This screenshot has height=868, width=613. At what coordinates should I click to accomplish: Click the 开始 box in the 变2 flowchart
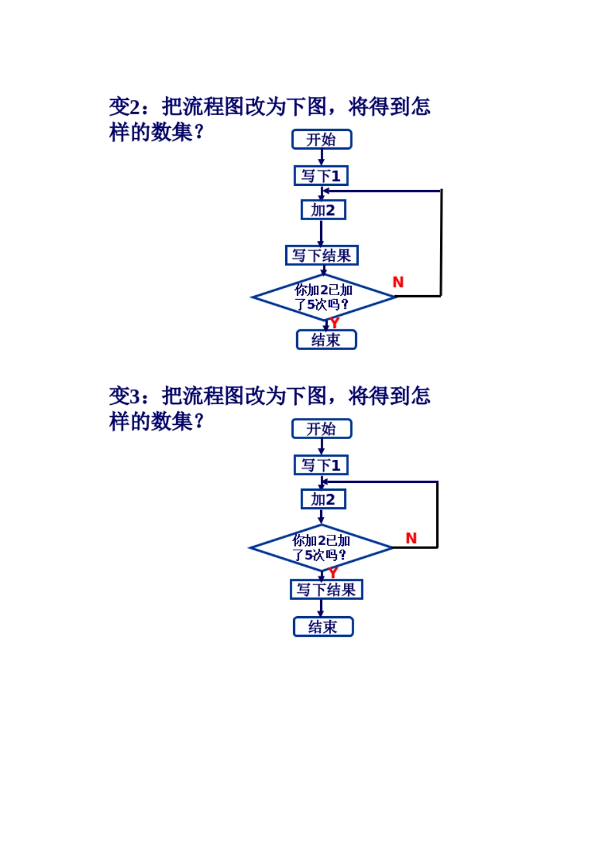coord(321,139)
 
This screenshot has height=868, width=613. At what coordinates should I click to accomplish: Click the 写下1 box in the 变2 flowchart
coord(321,176)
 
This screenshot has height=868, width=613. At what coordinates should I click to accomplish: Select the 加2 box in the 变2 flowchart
coord(323,210)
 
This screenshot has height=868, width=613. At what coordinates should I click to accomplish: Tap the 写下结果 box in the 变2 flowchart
coord(321,255)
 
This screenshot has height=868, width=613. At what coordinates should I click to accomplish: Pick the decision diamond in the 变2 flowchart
coord(323,297)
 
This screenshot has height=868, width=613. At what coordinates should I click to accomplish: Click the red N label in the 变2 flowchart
coord(398,282)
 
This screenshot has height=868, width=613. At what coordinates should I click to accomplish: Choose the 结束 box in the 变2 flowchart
coord(326,340)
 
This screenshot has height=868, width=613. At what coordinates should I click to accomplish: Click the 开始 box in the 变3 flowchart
coord(321,429)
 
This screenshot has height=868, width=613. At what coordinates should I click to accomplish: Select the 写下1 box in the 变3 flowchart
coord(321,465)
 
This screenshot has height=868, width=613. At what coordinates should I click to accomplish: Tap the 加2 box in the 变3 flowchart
coord(323,499)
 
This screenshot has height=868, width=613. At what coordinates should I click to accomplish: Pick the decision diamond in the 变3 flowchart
coord(321,548)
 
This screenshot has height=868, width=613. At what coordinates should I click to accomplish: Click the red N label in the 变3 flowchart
coord(411,538)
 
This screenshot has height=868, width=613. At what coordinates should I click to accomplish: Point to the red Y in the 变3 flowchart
coord(333,573)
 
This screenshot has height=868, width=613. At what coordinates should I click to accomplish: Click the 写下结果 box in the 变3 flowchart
coord(326,590)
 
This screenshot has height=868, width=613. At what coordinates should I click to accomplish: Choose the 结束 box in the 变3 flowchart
coord(323,626)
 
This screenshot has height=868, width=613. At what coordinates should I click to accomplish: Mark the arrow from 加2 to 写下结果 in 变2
coord(321,232)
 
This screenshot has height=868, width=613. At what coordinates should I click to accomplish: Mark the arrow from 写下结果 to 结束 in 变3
coord(321,608)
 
